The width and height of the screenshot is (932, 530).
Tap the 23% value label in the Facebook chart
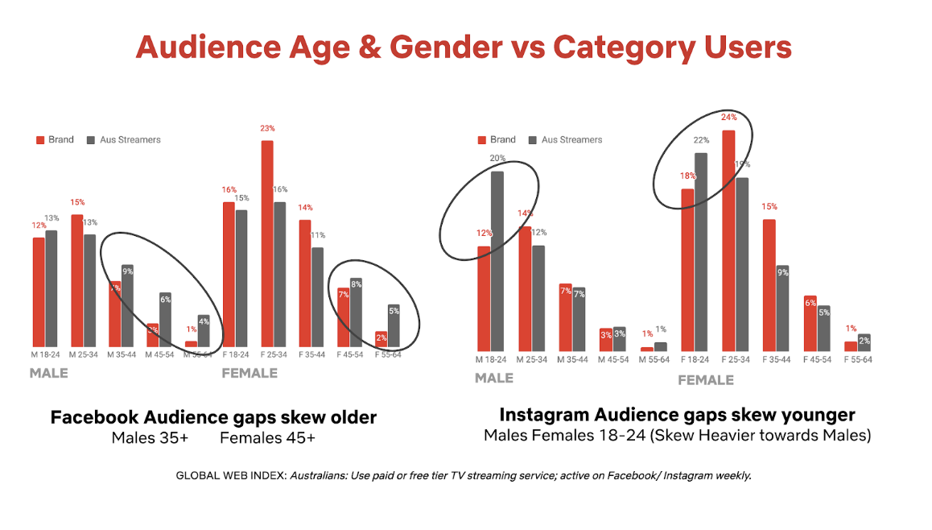tap(267, 128)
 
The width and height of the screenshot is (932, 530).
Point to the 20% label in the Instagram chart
tap(497, 159)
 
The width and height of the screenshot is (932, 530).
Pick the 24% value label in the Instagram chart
tap(729, 118)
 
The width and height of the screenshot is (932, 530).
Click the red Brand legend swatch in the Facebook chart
tap(39, 140)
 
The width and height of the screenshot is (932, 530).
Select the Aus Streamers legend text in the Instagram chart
tap(571, 140)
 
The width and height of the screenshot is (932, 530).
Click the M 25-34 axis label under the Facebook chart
tap(83, 354)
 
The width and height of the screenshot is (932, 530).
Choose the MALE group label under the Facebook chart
tap(49, 374)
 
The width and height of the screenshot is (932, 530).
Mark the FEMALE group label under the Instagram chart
tap(705, 379)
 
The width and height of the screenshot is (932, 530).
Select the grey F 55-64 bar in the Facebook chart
tap(394, 325)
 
